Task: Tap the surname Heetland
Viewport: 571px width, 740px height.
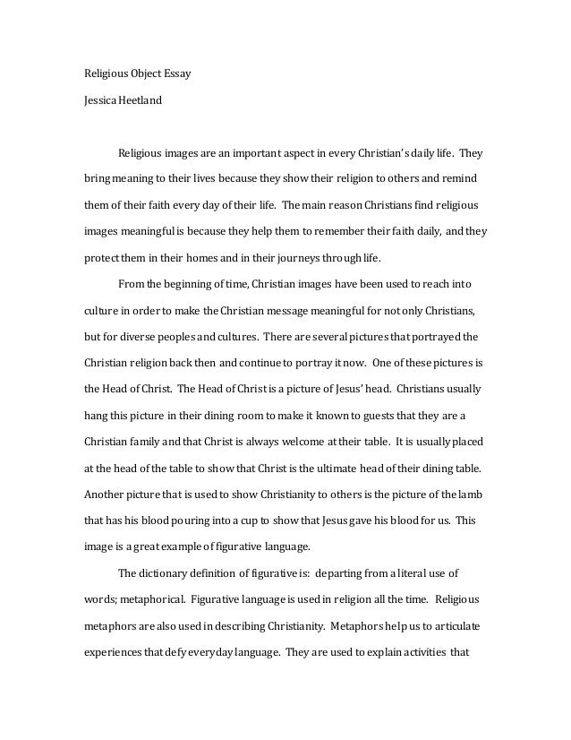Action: tap(139, 100)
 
